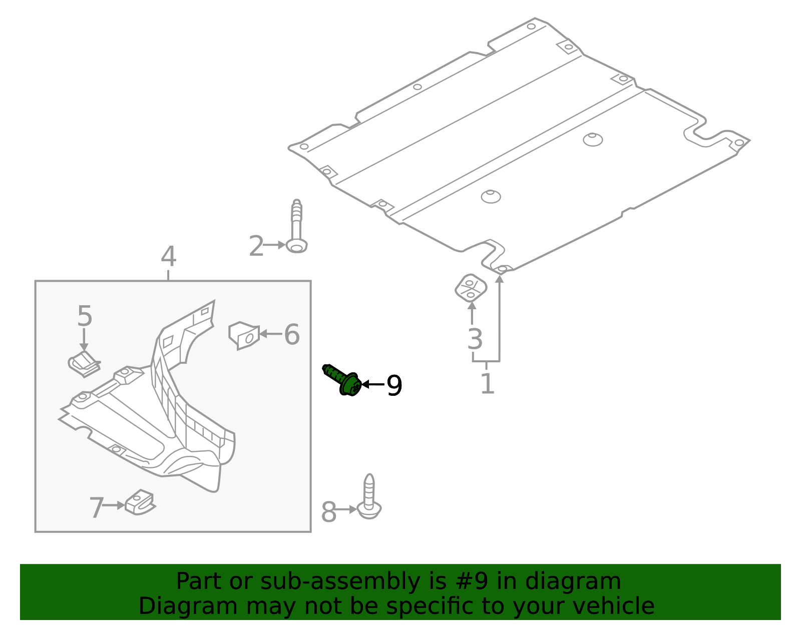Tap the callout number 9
point(394,386)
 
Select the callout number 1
point(487,384)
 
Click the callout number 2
point(256,246)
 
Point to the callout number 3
point(475,339)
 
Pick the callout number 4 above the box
point(169,257)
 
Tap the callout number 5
point(85,316)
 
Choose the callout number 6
point(292,334)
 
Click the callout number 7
point(96,508)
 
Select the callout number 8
point(328,512)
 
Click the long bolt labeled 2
point(297,228)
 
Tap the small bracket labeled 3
point(471,288)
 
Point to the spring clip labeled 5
point(84,364)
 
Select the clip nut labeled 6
point(244,335)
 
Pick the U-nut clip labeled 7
point(140,502)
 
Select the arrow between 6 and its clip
point(270,334)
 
